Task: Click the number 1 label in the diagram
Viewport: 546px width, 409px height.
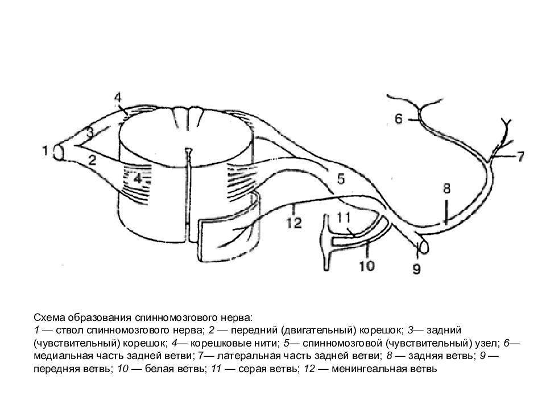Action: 44,151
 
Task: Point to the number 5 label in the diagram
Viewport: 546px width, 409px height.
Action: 340,179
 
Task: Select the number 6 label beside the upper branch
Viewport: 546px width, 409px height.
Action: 398,119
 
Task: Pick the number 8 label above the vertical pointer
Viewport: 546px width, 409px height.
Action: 446,187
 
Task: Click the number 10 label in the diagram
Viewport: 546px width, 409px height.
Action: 366,265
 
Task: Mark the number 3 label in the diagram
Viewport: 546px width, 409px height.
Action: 89,132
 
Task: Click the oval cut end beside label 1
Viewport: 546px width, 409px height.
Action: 58,152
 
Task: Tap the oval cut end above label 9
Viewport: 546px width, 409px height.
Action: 423,247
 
